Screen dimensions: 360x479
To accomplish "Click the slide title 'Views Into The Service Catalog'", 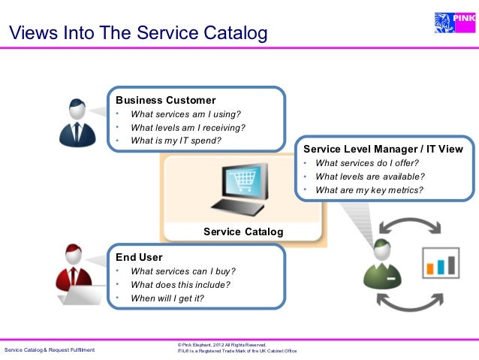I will click(137, 34).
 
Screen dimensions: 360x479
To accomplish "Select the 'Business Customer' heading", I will click(165, 100).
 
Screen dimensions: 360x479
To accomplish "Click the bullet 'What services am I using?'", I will click(185, 114).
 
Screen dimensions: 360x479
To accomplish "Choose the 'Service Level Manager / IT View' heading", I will click(383, 149).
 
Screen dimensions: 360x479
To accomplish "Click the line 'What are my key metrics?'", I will click(369, 189).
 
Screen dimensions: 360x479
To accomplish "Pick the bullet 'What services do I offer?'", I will click(367, 163).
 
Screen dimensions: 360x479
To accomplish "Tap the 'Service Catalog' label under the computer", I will click(243, 231).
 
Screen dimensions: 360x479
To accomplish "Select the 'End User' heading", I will click(139, 257).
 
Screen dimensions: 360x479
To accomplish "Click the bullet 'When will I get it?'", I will click(167, 298).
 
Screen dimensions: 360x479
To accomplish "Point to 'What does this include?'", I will click(180, 284).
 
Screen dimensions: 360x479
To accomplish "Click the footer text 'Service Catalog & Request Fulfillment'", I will click(50, 350).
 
